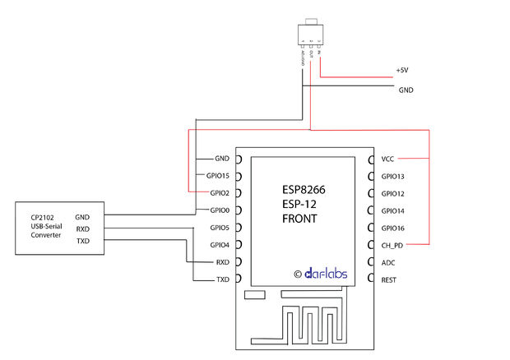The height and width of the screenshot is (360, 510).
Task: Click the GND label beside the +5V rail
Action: point(406,90)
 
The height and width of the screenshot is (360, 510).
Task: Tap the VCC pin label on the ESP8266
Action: point(388,159)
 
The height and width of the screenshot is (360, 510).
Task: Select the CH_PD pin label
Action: point(392,245)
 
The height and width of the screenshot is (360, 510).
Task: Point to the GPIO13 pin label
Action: point(393,176)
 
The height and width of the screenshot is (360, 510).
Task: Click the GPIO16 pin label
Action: point(393,228)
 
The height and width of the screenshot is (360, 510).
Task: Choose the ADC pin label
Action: point(388,262)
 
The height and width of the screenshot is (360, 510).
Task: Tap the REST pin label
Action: point(389,279)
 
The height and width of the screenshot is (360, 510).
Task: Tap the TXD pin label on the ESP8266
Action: point(222,279)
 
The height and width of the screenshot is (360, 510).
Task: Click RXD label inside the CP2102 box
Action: point(82,228)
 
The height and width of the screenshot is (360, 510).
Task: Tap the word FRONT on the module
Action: point(299,219)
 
